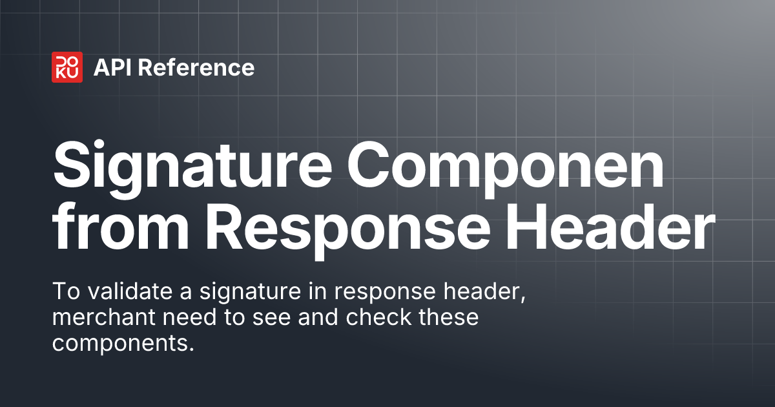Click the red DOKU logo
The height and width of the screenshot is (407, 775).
(67, 67)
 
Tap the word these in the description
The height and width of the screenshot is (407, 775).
(449, 318)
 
